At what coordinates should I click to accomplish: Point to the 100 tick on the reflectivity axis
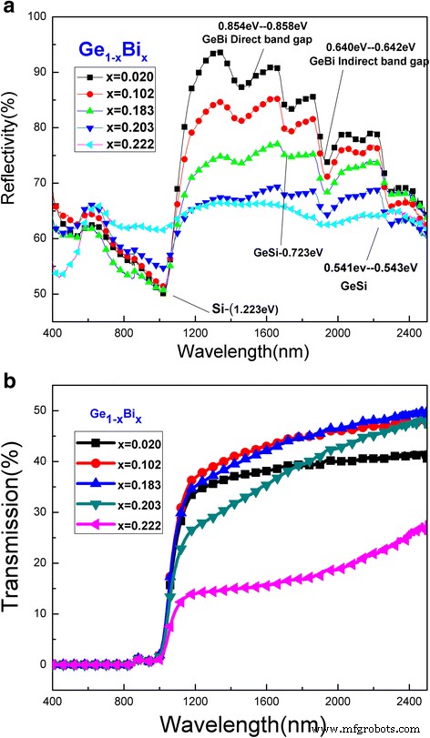click(36, 18)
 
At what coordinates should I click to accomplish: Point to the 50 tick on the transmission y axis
click(38, 411)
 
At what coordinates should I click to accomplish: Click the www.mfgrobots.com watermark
click(376, 728)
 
